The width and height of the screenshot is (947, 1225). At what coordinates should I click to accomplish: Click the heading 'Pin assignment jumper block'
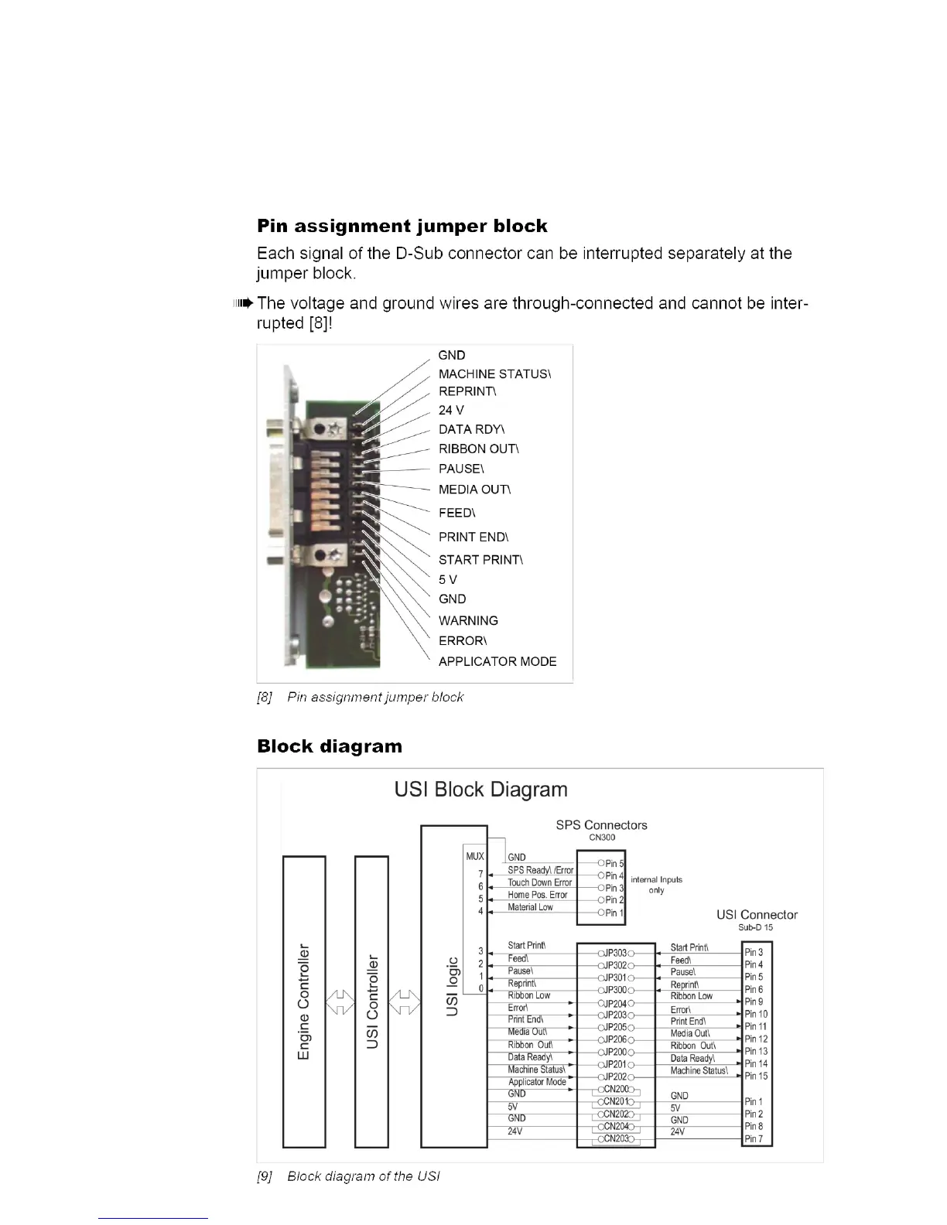coord(402,227)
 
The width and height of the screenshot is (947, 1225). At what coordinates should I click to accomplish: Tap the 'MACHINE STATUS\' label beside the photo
coord(494,374)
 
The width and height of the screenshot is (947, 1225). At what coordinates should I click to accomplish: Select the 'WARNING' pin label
coord(468,620)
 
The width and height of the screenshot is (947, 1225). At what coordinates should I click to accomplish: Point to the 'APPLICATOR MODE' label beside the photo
coord(497,661)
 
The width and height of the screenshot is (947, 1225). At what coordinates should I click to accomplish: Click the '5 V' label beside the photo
coord(448,579)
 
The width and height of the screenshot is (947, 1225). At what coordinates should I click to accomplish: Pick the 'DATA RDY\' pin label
coord(471,430)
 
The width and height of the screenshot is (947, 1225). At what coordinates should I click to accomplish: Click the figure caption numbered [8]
coord(360,697)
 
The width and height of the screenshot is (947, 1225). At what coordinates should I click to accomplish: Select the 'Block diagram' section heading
coord(330,746)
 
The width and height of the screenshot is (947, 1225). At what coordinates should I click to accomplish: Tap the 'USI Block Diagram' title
coord(480,790)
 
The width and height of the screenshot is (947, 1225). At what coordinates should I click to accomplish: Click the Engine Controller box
coord(306,1001)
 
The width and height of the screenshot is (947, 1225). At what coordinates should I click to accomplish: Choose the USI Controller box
coord(372,1001)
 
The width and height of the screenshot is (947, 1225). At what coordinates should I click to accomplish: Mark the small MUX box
coord(474,856)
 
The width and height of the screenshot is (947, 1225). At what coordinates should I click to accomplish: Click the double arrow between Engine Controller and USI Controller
coord(338,1004)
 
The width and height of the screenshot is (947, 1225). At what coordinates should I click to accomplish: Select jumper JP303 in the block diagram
coord(616,954)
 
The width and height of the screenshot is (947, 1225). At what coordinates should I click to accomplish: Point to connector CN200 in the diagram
coord(616,1090)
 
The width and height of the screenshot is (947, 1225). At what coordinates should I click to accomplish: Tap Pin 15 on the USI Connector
coord(756,1076)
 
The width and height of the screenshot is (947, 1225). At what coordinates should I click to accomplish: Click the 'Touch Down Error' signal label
coord(539,882)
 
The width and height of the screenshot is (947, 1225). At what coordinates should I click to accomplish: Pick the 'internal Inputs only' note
coord(656,885)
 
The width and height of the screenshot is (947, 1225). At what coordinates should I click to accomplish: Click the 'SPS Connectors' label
coord(601,825)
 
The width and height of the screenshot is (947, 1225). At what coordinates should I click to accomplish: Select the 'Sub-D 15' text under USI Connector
coord(755,927)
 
